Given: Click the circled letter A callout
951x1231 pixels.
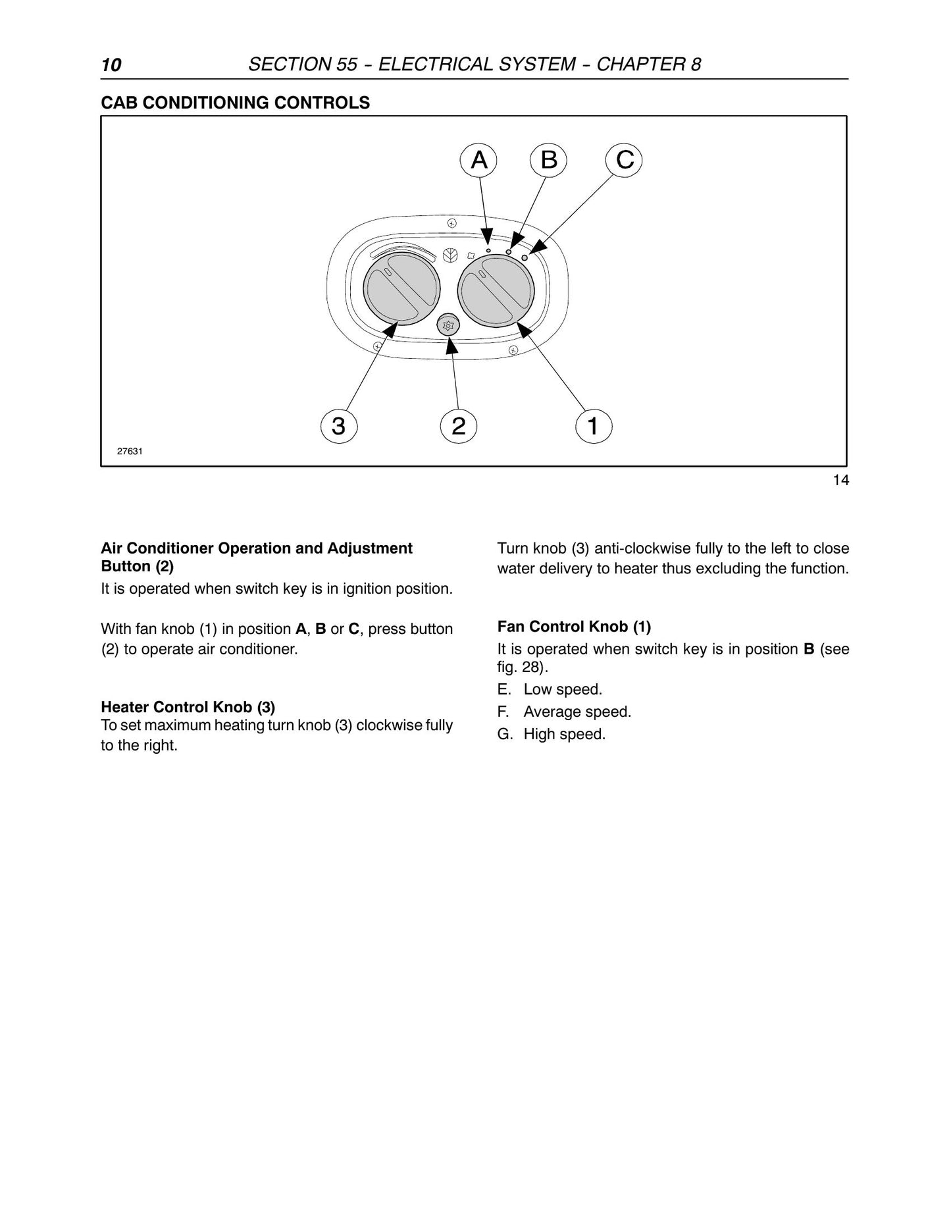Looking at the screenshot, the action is [479, 160].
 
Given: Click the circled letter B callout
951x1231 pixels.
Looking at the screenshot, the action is [549, 160].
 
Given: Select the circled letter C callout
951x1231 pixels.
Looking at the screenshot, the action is [624, 160].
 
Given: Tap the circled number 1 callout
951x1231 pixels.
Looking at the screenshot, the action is [593, 426].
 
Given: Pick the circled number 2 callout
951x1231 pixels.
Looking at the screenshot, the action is [459, 426].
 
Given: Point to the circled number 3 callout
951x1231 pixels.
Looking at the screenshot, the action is [339, 426].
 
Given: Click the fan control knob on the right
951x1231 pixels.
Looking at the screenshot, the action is [496, 290].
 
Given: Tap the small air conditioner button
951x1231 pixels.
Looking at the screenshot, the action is [449, 325].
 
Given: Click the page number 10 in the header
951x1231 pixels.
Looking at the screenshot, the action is [111, 65].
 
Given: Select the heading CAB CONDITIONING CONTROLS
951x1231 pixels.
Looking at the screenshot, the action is [235, 103].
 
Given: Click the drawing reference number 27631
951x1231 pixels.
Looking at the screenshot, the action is [130, 452].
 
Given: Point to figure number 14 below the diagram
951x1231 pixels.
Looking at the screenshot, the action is [841, 481].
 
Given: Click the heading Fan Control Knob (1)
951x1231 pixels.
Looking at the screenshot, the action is [574, 627].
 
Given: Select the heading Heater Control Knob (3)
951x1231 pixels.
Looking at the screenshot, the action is [188, 707].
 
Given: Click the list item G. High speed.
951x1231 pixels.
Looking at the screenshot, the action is [552, 734].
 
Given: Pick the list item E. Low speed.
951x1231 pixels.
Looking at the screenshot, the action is [550, 690].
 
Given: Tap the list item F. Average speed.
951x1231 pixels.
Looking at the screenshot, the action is [565, 712].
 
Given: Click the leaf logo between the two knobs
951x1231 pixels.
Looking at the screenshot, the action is [451, 256].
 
